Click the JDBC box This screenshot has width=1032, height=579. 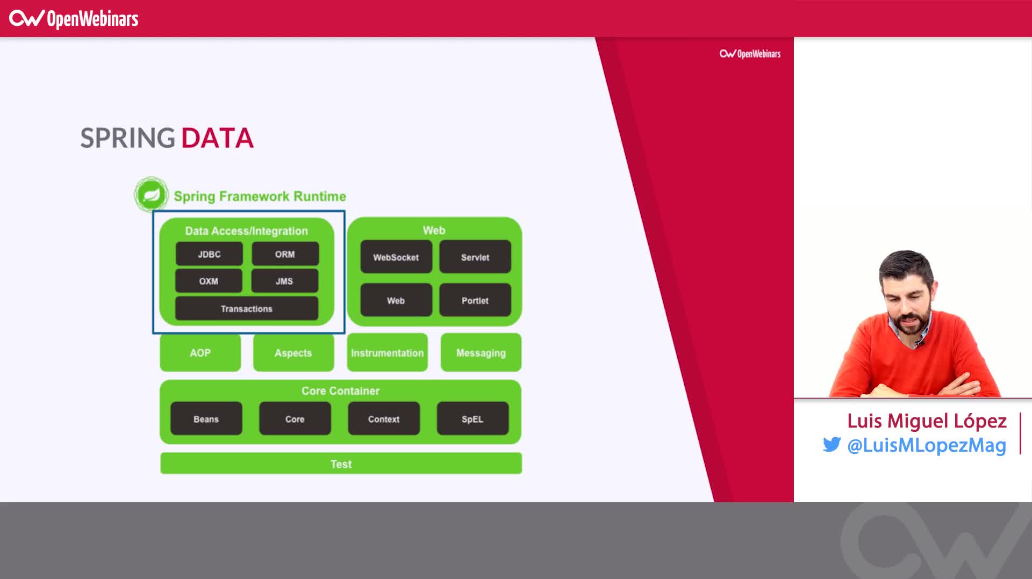point(209,254)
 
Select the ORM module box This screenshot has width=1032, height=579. point(285,254)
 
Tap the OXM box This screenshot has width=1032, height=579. point(209,281)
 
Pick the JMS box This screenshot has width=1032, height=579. point(284,281)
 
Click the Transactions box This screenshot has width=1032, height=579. point(246,309)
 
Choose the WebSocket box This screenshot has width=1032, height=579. point(396,257)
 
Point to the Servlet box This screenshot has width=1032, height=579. point(475,257)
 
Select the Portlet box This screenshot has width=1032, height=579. point(475,300)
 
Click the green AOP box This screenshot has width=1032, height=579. point(200,353)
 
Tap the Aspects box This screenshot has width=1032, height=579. point(293,353)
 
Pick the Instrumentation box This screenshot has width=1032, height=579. point(387,353)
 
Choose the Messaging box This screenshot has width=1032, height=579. point(481,353)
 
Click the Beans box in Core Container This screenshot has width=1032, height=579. point(206,418)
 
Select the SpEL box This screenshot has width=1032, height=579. point(472,418)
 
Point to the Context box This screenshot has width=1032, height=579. point(383,418)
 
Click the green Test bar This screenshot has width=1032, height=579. point(341,464)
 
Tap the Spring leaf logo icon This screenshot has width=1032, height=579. point(151,194)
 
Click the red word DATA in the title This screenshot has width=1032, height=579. point(217,138)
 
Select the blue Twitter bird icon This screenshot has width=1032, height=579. point(832,445)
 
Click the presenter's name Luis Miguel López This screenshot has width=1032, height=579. point(927,421)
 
